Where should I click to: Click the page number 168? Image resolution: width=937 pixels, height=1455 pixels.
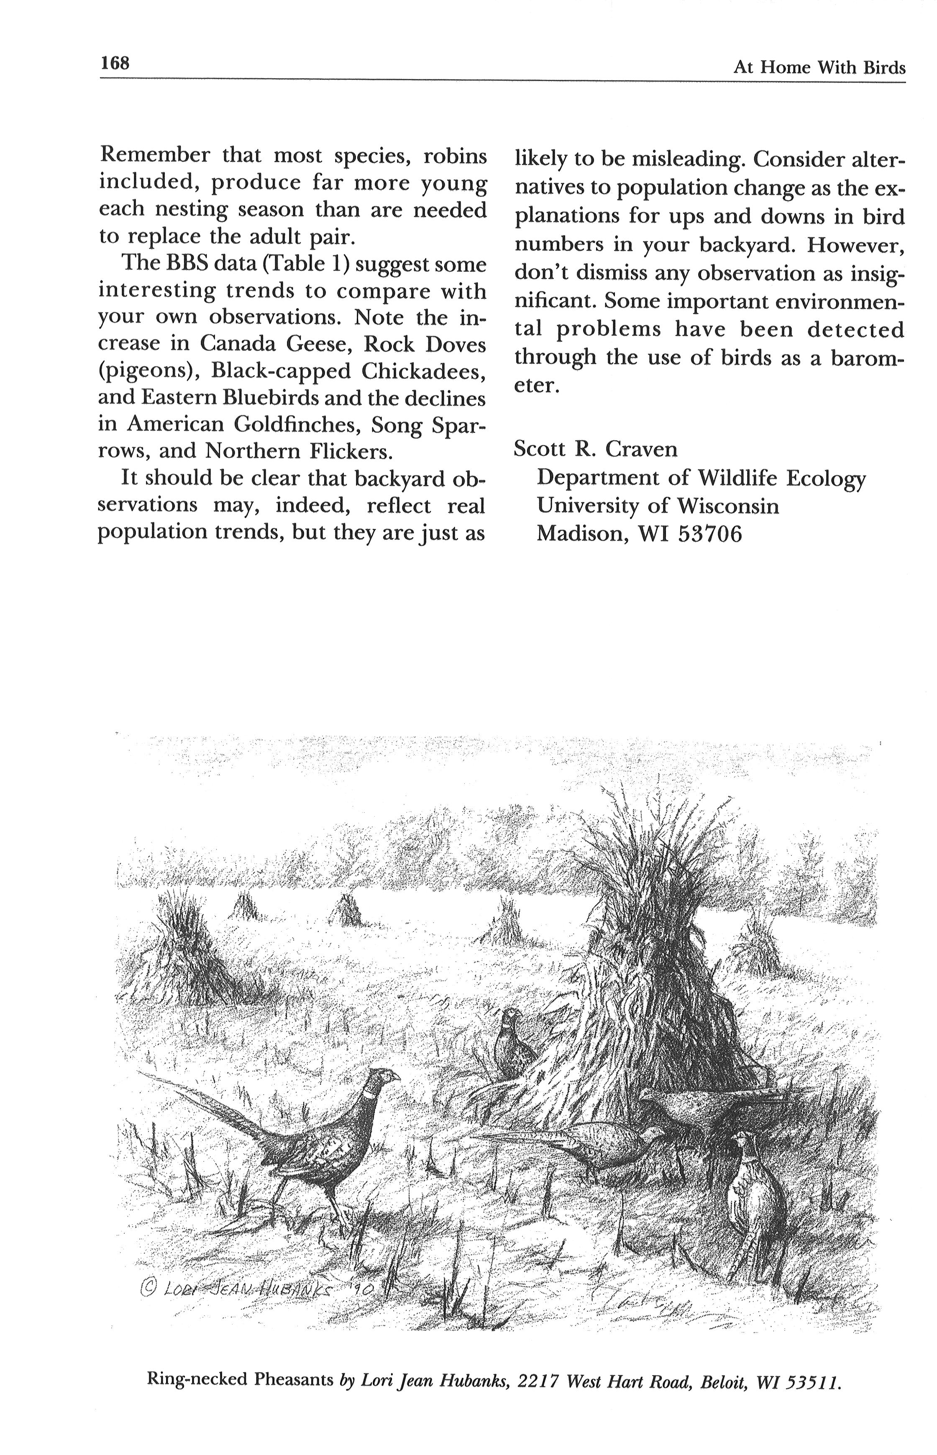[115, 63]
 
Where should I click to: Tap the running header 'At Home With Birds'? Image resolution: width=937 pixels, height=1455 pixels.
[819, 67]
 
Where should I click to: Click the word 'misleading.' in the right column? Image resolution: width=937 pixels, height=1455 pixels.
[688, 159]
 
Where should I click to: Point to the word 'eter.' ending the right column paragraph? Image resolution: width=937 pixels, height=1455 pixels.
[535, 385]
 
